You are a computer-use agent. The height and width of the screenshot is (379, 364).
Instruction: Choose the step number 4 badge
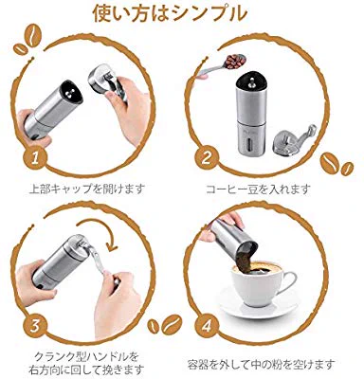coord(208,326)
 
